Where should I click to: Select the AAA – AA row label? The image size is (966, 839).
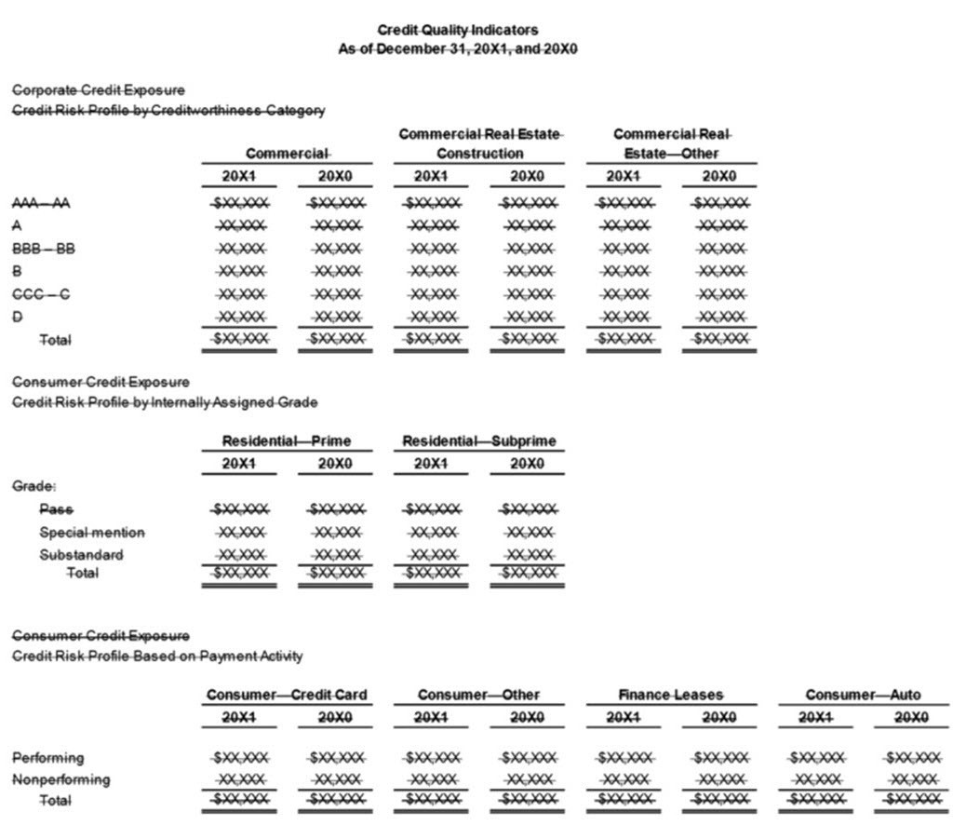[40, 203]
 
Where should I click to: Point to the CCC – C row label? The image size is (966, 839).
[40, 294]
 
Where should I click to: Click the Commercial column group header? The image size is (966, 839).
[287, 153]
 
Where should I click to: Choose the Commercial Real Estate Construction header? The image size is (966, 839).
[480, 143]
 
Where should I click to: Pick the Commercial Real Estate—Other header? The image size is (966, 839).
[671, 143]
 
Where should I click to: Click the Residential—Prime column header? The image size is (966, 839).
[287, 440]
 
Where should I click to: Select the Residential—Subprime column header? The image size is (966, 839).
[480, 440]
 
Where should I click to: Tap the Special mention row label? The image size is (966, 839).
[92, 533]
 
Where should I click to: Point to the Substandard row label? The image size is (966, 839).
[81, 555]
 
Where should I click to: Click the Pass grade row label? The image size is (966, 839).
[56, 509]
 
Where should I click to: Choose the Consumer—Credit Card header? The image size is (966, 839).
[287, 695]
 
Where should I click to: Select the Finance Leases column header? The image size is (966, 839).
[671, 695]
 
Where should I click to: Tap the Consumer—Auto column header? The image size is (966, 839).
[863, 695]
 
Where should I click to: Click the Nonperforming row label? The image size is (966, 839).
[60, 779]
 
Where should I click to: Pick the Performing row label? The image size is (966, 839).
[48, 758]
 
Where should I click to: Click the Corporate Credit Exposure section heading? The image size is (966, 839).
[98, 90]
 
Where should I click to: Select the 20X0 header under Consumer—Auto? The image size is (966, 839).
[910, 717]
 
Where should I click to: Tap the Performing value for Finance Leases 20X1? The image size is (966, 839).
[624, 758]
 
